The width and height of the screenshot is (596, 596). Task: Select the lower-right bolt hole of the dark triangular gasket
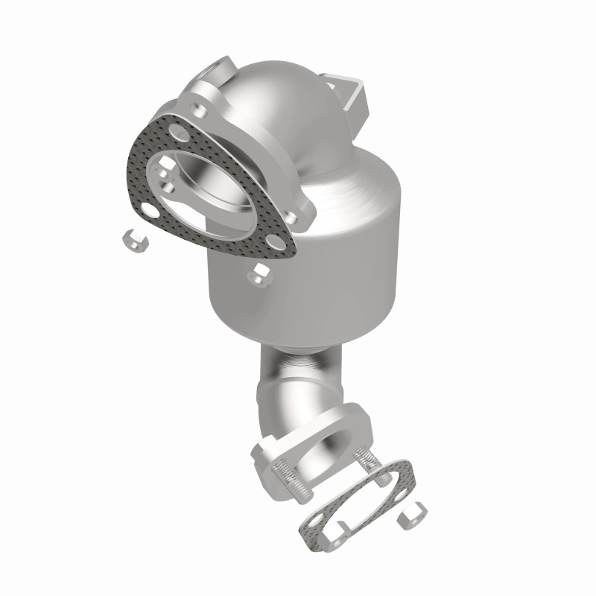[276, 245]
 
